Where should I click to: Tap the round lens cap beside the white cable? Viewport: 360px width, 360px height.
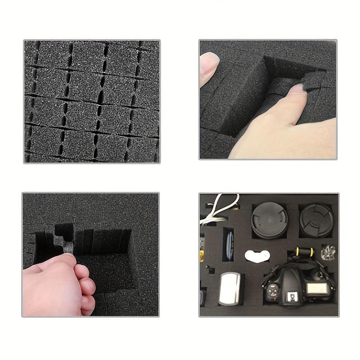(269, 219)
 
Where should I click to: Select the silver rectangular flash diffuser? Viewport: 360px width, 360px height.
(228, 288)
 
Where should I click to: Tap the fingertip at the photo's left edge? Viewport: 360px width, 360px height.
(208, 67)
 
